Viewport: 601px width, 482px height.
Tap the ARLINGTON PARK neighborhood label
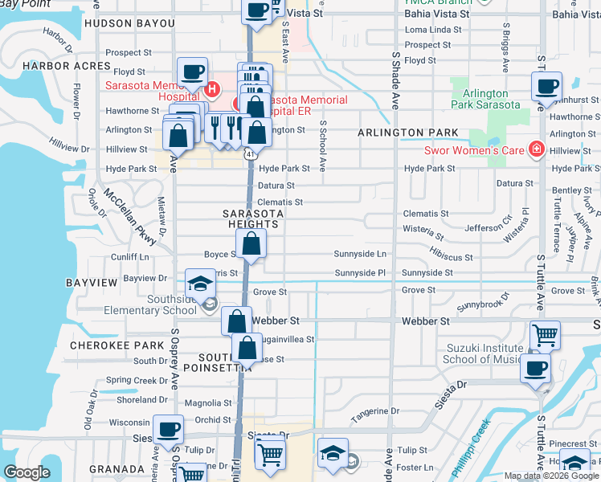[x=408, y=133]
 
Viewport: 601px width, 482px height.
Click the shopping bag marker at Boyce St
[x=251, y=246]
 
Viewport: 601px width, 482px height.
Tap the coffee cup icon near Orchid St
[x=168, y=430]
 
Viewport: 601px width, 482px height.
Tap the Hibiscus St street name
[x=450, y=257]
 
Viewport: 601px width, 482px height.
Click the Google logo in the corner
[x=27, y=472]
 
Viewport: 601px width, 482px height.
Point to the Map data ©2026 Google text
[x=550, y=476]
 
